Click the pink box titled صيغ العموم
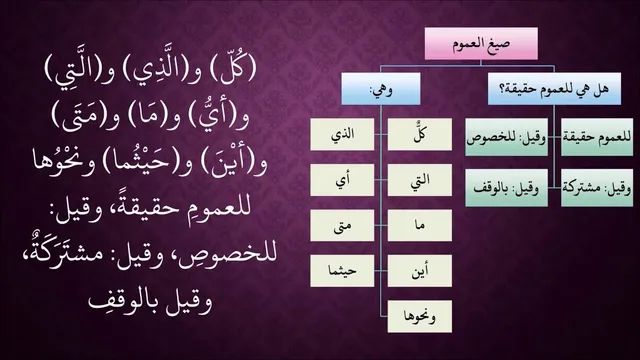(481, 44)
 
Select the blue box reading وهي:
(381, 89)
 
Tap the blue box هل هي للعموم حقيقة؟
(554, 89)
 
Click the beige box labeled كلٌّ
(420, 134)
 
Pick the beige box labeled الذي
(342, 134)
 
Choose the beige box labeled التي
(420, 180)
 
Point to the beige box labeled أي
(342, 180)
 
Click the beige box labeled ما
(420, 225)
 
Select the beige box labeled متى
(342, 225)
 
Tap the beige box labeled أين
(420, 271)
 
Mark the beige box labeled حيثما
(342, 271)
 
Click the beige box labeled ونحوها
(420, 316)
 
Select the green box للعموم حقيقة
(597, 137)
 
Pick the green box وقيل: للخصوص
(507, 137)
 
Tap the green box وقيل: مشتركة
(597, 188)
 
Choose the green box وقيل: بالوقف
(507, 188)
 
